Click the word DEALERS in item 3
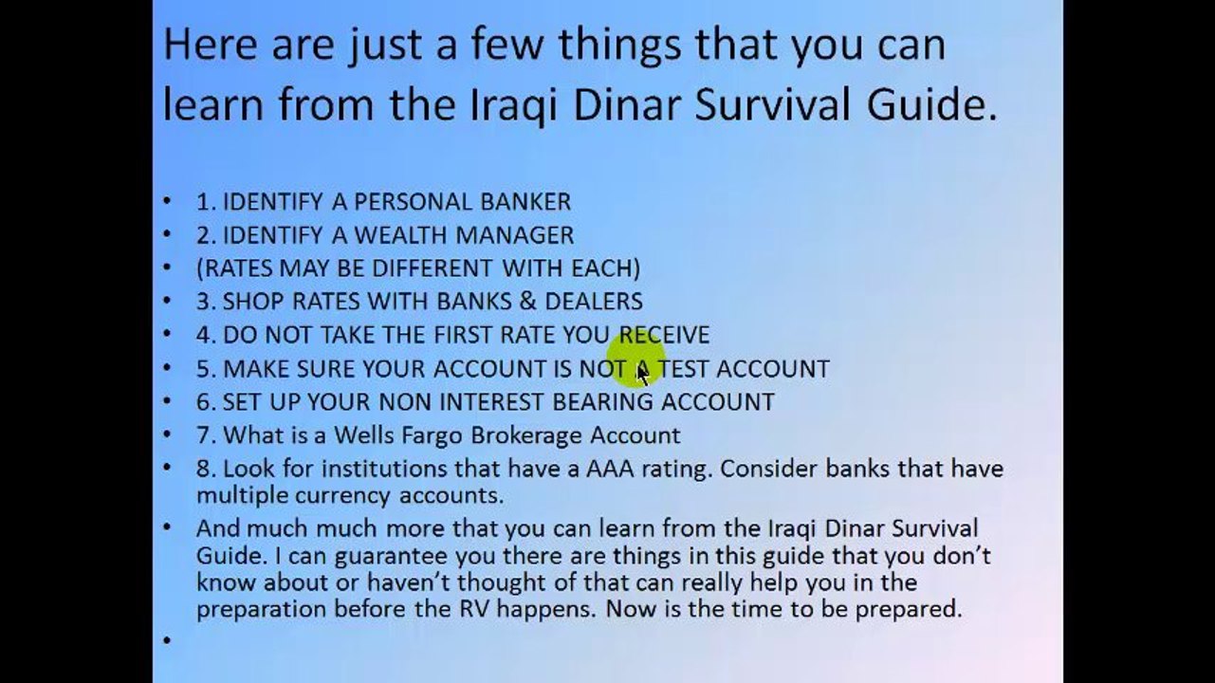click(594, 302)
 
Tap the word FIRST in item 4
click(469, 335)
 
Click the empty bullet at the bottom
click(168, 640)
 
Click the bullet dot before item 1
click(168, 201)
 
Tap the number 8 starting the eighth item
click(202, 469)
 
